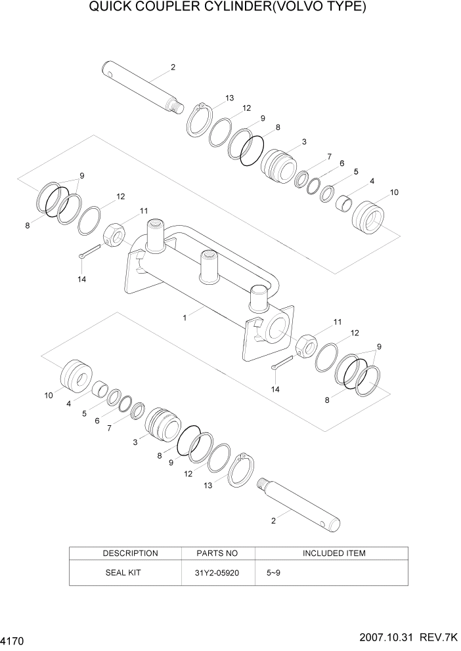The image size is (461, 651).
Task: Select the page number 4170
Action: [14, 639]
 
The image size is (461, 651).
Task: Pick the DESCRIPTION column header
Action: [130, 553]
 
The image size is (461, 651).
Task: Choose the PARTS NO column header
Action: [217, 553]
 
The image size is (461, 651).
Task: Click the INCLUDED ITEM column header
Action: [334, 553]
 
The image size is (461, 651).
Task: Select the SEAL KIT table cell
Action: [123, 572]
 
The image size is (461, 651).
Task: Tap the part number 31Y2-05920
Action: [217, 572]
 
